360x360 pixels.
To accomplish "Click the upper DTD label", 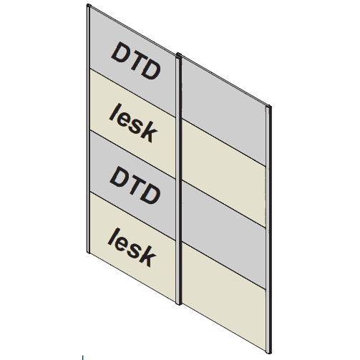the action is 135,61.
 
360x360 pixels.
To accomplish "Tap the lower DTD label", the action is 135,185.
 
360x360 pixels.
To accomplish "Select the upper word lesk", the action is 134,123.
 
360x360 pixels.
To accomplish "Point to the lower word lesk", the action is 132,247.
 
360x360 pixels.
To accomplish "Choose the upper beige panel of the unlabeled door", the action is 223,173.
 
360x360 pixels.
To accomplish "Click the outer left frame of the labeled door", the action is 88,129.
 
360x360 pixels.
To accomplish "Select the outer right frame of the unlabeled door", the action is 268,229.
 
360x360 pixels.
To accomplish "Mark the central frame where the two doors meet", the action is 179,179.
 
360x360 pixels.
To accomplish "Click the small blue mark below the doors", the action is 82,357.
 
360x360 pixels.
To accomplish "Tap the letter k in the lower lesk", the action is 147,256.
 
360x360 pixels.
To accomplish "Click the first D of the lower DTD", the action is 118,177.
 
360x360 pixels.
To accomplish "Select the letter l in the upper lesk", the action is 113,112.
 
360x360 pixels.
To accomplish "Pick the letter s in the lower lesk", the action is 135,250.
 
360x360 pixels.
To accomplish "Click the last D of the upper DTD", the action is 152,69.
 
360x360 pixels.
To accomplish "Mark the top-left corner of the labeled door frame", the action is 87,5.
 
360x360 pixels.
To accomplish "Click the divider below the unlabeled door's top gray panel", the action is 224,142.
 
